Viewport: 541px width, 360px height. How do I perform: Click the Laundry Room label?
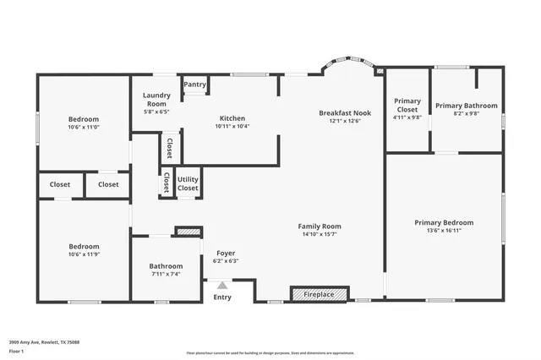coord(156,100)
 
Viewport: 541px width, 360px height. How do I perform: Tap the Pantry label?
coord(195,85)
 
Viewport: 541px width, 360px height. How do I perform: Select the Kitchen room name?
coord(232,117)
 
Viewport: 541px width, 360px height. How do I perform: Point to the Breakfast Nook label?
coord(345,112)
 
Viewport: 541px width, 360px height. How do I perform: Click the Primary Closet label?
coord(408,106)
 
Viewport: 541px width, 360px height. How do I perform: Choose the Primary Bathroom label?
coord(467,106)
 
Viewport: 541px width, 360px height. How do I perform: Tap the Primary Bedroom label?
coord(444,222)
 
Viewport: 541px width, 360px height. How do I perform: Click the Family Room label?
coord(320,226)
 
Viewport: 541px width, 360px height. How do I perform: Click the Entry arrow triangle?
coord(222,286)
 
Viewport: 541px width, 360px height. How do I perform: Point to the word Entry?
coord(222,297)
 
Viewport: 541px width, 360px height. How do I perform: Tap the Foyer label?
coord(225,253)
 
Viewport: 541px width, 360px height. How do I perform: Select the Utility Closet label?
coord(188,183)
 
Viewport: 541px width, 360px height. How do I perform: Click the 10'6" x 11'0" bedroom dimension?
coord(84,128)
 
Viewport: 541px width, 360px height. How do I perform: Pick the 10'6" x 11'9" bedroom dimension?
coord(84,254)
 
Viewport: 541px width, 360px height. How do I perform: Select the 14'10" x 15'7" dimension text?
coord(320,234)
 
